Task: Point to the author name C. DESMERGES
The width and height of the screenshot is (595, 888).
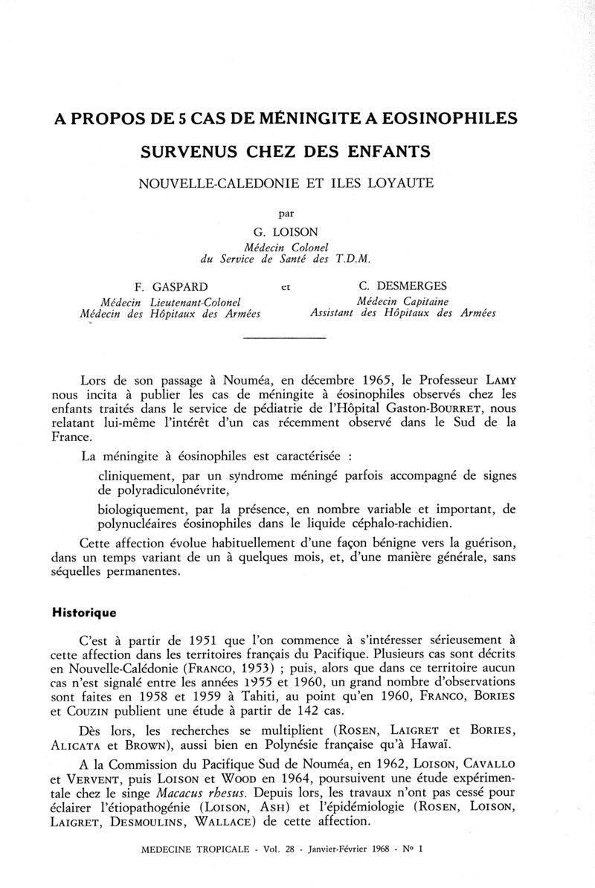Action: [400, 286]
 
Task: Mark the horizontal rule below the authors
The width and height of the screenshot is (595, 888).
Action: [286, 340]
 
